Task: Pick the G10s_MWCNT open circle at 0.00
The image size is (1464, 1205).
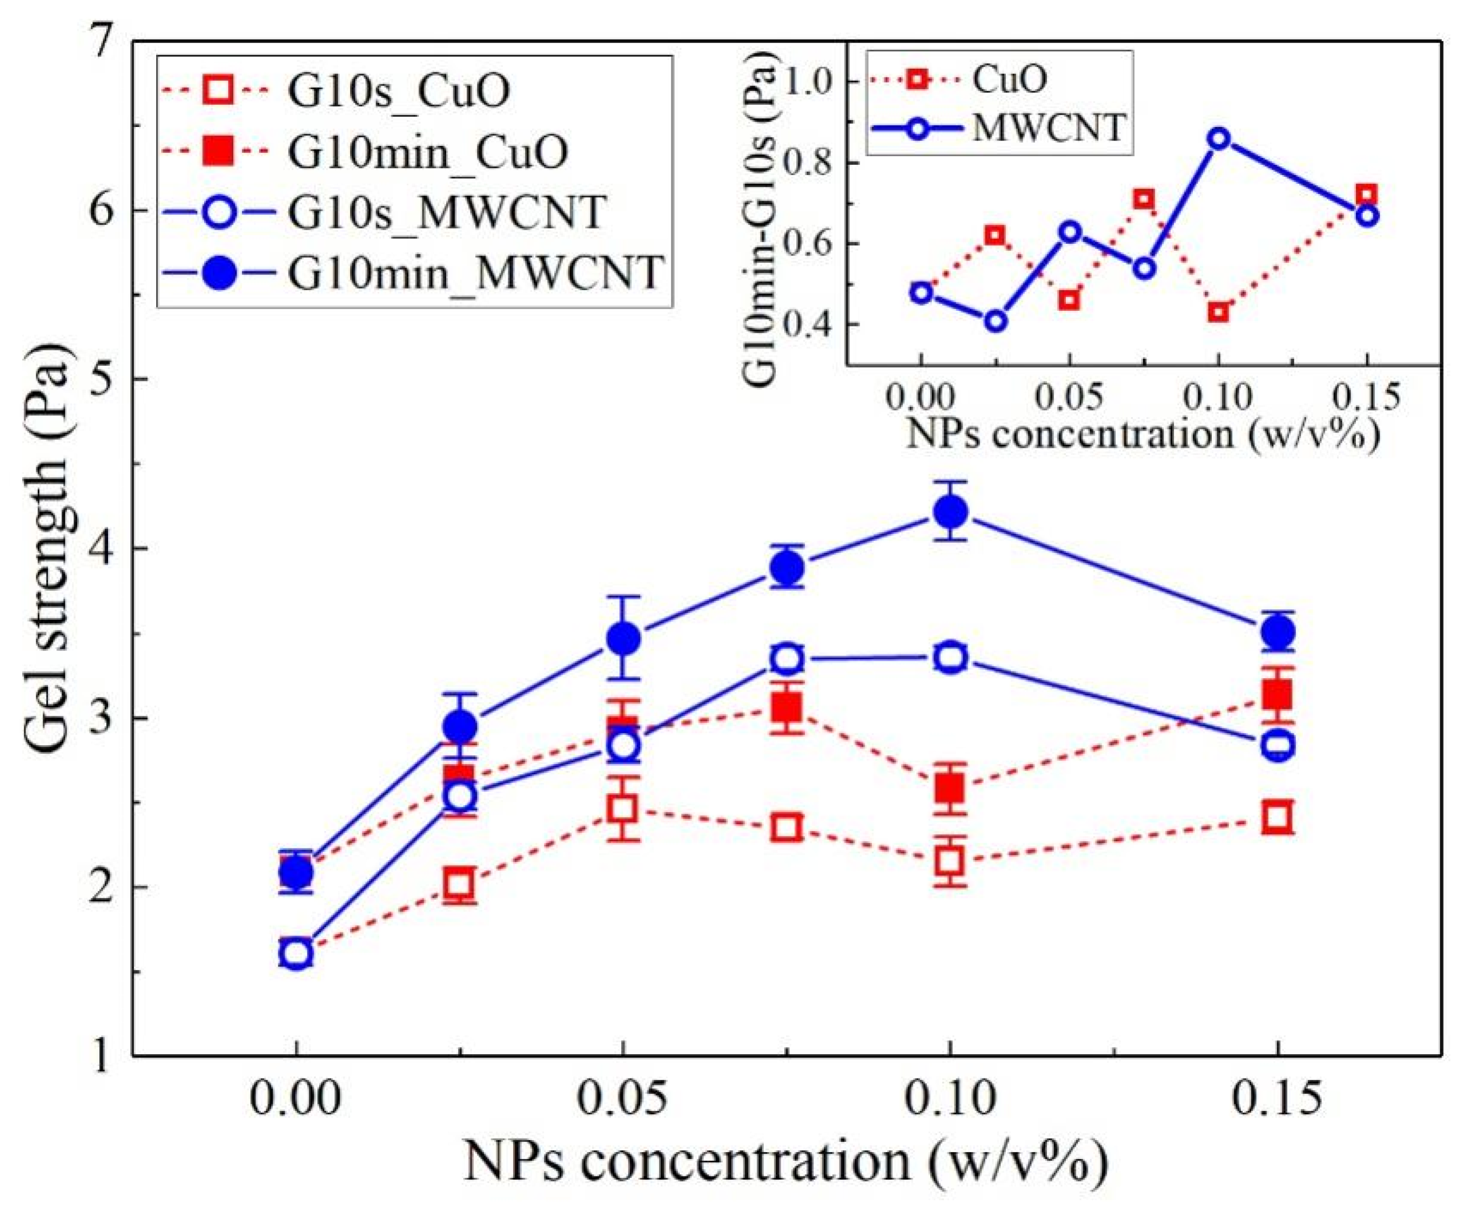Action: click(296, 953)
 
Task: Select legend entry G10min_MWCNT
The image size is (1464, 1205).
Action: click(476, 272)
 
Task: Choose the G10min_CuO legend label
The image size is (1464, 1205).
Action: click(427, 151)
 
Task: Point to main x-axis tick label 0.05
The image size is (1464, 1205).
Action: click(623, 1100)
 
